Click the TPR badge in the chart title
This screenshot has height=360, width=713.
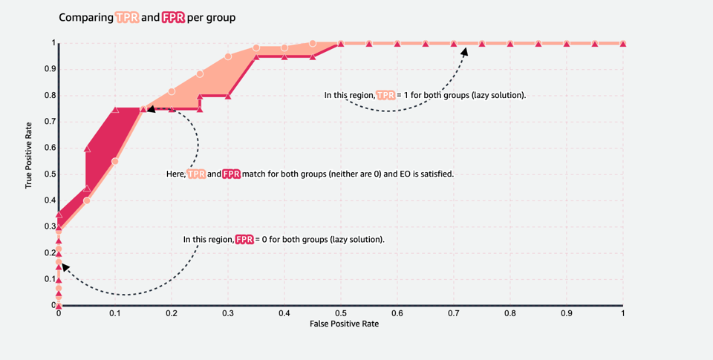tap(126, 16)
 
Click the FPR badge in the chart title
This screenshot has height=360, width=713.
tap(173, 16)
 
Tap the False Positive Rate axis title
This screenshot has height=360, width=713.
tap(340, 324)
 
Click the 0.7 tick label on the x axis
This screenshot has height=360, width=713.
tap(454, 314)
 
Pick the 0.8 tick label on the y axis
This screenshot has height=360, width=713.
tap(51, 96)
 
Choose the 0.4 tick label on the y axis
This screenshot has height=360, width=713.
tap(51, 200)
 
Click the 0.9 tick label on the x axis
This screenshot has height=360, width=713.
tap(567, 314)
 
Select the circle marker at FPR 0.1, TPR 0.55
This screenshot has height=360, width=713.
tap(115, 161)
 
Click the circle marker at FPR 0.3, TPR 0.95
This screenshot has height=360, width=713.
tap(228, 56)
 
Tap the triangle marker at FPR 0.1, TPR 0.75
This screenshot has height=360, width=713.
tap(115, 109)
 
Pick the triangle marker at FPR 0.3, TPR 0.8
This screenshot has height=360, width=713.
tap(228, 96)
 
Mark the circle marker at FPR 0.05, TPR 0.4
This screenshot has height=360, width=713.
tap(87, 200)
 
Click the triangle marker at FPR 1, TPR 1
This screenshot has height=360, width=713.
tap(623, 44)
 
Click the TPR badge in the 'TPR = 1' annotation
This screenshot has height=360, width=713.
tap(385, 95)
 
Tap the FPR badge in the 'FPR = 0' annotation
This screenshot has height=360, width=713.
tap(244, 240)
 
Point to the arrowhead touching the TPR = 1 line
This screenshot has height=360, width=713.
tap(466, 50)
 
